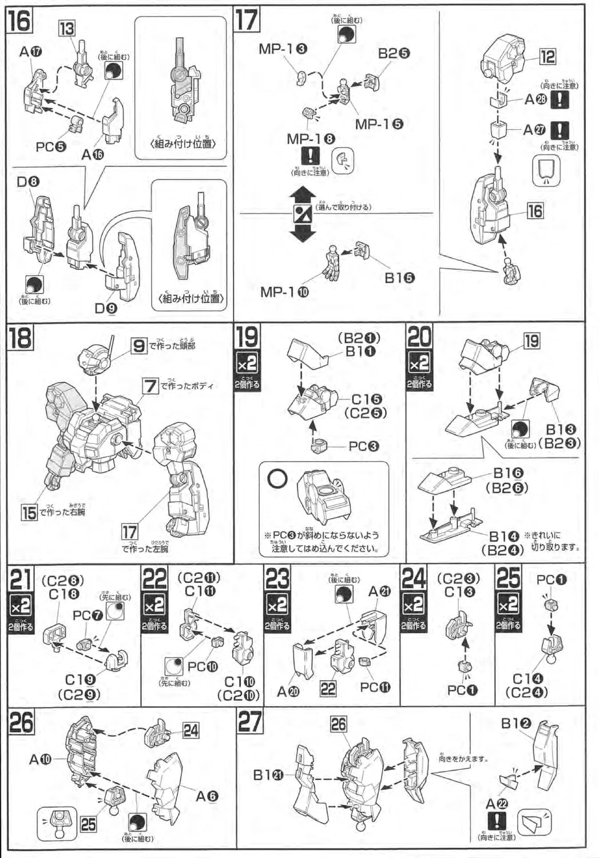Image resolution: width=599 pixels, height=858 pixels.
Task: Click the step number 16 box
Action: [x=19, y=22]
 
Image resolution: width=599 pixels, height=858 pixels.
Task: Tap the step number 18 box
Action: [x=20, y=337]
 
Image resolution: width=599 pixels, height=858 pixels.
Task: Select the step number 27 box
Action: [x=250, y=722]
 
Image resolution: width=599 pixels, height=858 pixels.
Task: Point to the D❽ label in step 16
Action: [x=28, y=182]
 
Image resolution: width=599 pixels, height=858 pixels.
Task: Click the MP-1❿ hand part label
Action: [x=284, y=292]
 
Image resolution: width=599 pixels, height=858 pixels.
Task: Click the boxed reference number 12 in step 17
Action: [x=548, y=57]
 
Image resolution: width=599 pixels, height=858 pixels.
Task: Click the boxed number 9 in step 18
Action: [x=139, y=345]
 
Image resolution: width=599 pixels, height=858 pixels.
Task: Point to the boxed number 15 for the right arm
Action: [x=29, y=512]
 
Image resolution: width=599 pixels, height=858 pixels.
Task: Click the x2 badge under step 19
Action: [x=247, y=363]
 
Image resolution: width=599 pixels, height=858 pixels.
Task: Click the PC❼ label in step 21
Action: [x=85, y=615]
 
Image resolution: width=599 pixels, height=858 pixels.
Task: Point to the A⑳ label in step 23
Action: [x=289, y=691]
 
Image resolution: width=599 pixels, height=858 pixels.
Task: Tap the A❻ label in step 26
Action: [x=207, y=796]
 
